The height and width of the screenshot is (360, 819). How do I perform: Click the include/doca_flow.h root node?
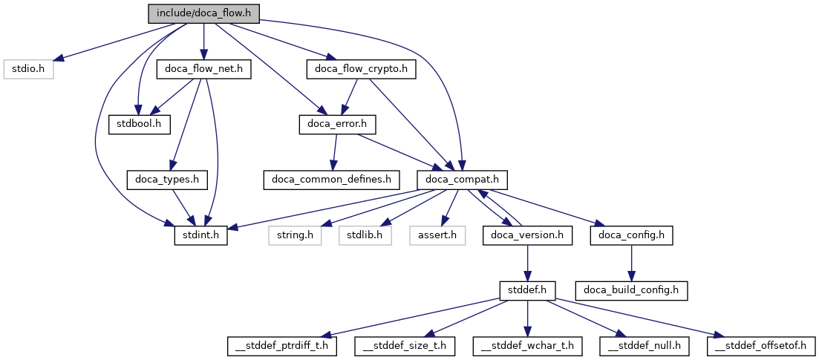pos(203,13)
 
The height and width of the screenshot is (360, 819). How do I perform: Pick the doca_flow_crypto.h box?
pos(361,69)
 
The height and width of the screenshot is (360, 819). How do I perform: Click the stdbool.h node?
pos(140,124)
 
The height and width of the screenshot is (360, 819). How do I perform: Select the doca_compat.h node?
pos(462,180)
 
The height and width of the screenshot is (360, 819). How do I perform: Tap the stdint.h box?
pos(200,235)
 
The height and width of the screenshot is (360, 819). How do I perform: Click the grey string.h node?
pos(295,235)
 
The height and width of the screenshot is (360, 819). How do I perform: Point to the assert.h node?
pos(437,235)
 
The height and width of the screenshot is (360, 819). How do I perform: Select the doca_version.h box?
pos(527,235)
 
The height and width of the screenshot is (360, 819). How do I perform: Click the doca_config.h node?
pos(631,235)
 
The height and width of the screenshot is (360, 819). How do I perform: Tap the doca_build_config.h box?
pos(631,290)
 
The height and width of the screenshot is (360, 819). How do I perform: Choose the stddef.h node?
pos(527,290)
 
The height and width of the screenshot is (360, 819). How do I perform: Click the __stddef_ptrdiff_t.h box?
pos(283,346)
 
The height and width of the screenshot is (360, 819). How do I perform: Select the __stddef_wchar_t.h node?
pos(527,346)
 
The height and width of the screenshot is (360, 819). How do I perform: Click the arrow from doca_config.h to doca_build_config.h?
pos(631,263)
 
